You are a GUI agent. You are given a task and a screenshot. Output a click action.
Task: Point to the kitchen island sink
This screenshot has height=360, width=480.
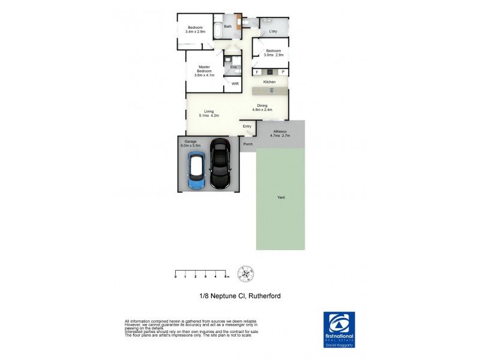point(271,91)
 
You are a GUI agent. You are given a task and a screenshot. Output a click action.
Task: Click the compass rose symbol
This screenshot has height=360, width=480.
point(246,274)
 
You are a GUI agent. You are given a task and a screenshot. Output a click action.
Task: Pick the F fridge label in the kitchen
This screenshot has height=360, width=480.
point(257,72)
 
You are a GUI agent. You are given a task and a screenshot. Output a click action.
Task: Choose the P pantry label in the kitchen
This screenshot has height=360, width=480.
point(283,72)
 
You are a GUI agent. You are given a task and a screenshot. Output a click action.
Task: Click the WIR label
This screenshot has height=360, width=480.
point(235,84)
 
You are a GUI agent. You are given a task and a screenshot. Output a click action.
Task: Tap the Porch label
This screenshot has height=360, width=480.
point(247,144)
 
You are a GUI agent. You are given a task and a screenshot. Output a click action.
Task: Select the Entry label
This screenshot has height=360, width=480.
point(247,127)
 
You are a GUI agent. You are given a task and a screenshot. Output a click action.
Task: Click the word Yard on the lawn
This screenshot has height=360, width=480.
point(280,197)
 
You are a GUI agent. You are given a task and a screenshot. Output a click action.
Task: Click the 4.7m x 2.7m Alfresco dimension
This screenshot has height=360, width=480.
point(280,136)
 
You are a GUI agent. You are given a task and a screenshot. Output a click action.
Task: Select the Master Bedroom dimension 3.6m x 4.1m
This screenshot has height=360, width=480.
point(204,75)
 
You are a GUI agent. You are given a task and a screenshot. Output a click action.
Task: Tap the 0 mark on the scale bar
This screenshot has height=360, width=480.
point(176,277)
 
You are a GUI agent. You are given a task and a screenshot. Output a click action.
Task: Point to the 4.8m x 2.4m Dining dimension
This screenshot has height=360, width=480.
point(263,110)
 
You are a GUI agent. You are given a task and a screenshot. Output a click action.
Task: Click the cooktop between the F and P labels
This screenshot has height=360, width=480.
point(270,72)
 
